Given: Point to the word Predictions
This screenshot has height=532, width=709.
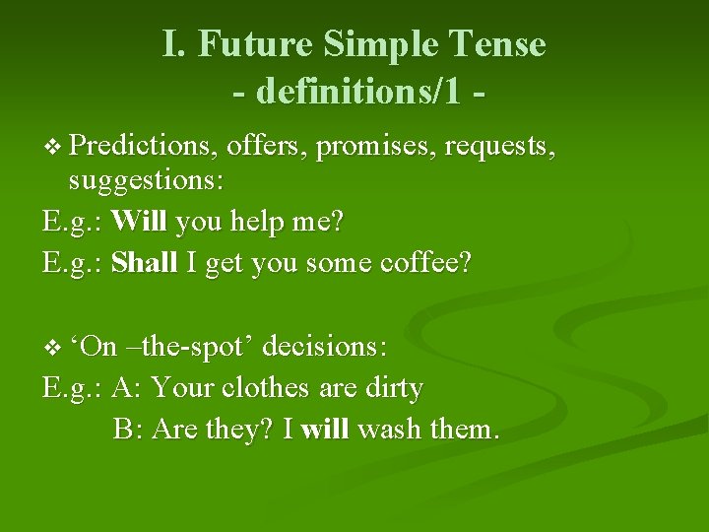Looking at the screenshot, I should (x=144, y=148).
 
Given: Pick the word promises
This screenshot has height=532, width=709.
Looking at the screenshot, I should (x=375, y=148).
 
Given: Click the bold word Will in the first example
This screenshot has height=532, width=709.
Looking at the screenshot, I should (x=140, y=223).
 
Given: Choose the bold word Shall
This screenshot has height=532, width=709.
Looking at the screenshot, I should (x=145, y=264).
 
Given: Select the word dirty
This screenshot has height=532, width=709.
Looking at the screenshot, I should (x=394, y=388).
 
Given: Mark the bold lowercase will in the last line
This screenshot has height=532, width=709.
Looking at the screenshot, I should (x=325, y=430).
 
